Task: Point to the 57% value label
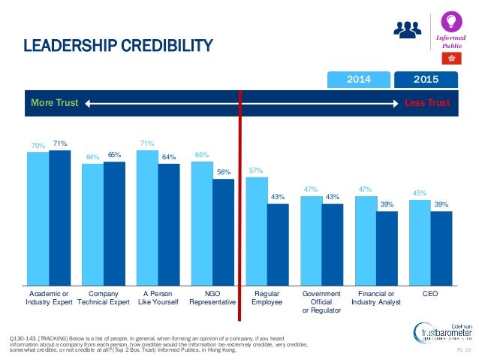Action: (x=256, y=170)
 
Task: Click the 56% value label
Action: (x=223, y=172)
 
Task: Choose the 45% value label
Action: (x=420, y=192)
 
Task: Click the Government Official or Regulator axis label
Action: (x=321, y=301)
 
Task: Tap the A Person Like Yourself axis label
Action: (x=158, y=298)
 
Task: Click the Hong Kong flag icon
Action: (x=452, y=58)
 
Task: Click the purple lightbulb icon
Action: (x=452, y=20)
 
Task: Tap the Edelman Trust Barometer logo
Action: (x=442, y=331)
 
